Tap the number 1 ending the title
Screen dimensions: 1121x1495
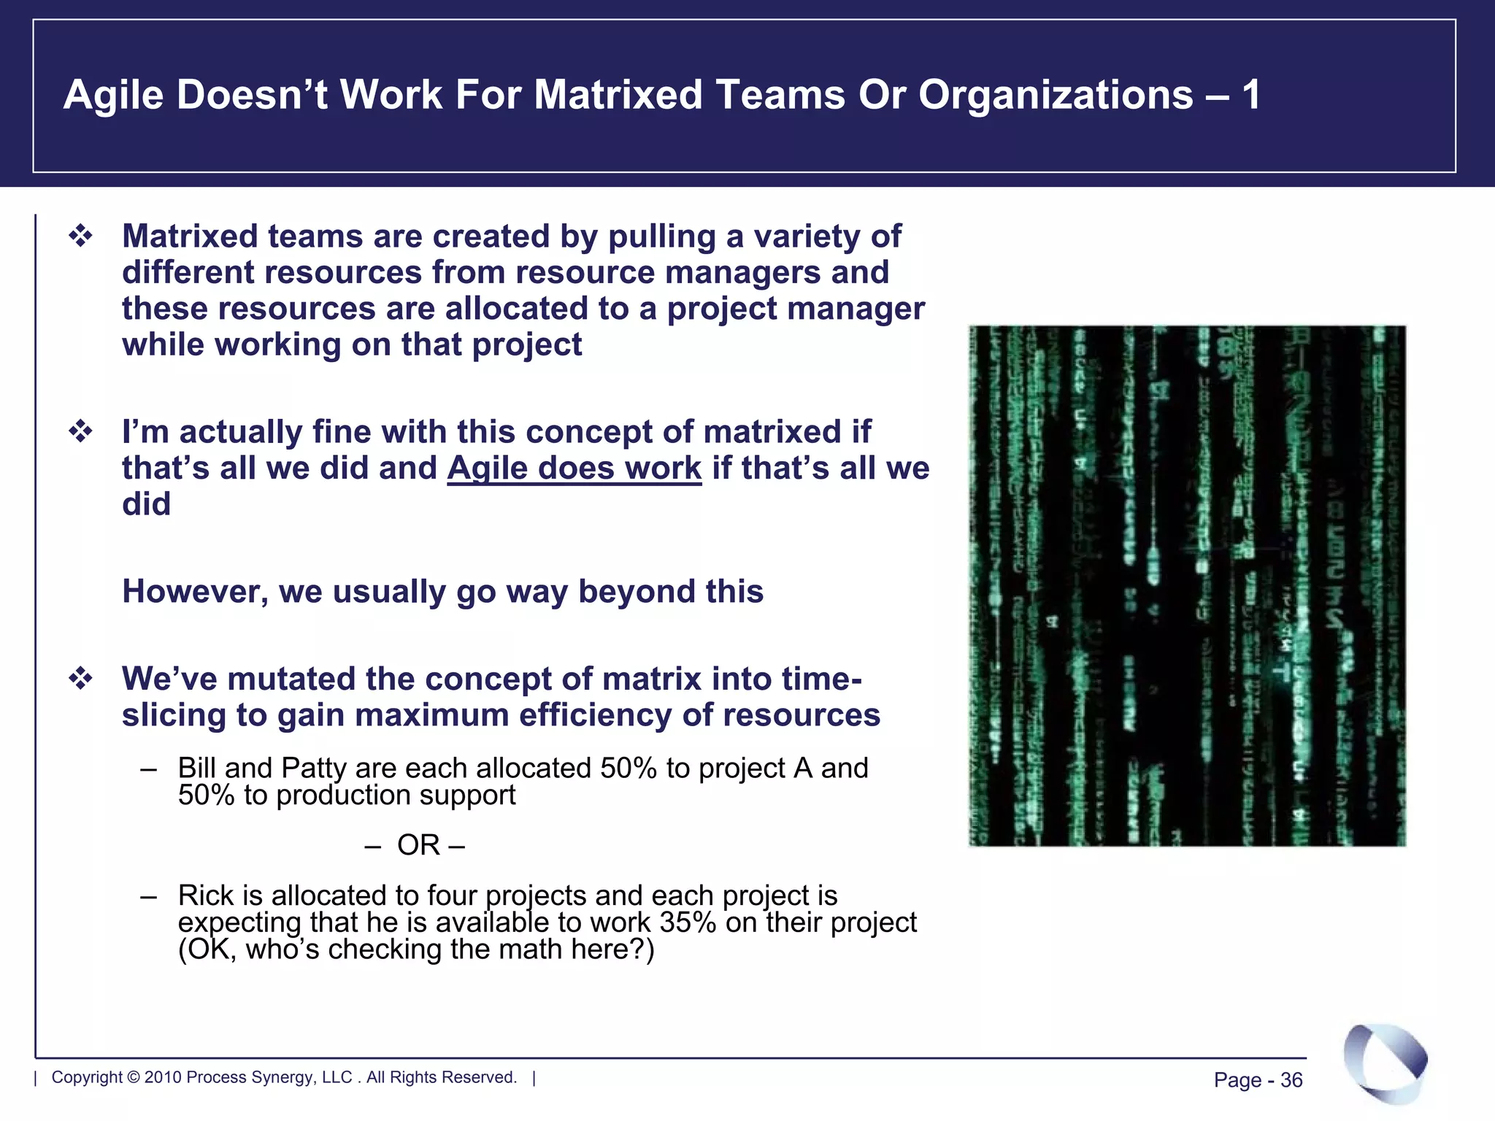pos(1250,95)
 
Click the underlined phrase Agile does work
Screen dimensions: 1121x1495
pos(574,468)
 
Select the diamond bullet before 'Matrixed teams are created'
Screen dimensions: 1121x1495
pos(80,236)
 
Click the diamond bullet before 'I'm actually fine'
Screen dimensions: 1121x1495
pos(80,431)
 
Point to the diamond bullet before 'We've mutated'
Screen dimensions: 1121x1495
pos(80,679)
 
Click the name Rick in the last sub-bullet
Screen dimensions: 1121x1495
pos(204,895)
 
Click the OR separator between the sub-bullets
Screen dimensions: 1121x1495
pos(418,845)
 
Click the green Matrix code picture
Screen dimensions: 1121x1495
pos(1187,585)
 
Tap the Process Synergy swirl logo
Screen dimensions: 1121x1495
pos(1385,1063)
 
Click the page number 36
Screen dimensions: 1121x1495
pos(1291,1080)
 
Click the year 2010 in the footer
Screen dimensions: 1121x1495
pos(163,1077)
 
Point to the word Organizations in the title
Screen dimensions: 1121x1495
pos(1056,95)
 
